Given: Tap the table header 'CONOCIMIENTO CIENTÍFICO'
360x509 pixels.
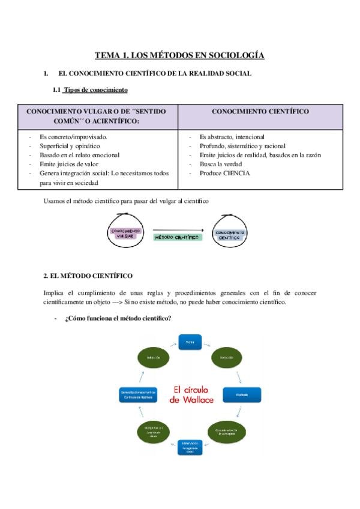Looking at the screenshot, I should (x=260, y=112).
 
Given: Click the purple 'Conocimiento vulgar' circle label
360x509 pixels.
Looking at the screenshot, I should (x=125, y=233).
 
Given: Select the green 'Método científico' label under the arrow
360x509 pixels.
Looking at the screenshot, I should (x=178, y=238).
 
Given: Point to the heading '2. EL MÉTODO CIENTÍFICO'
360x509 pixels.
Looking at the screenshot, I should (x=88, y=276).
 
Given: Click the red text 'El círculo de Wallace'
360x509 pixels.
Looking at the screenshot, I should (x=193, y=394).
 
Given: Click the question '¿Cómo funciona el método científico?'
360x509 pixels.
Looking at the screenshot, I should (x=118, y=318).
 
